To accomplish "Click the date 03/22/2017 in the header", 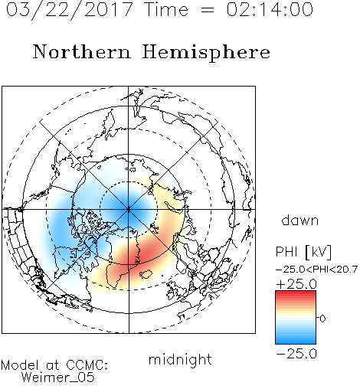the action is pyautogui.click(x=69, y=10).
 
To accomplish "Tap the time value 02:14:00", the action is pyautogui.click(x=270, y=10).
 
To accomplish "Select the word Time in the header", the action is pyautogui.click(x=166, y=10).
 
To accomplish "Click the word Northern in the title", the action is pyautogui.click(x=82, y=51).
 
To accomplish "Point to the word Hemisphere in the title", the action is pyautogui.click(x=206, y=52).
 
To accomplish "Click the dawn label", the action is pyautogui.click(x=300, y=220).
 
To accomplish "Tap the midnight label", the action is pyautogui.click(x=180, y=359).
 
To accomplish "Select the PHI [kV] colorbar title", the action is pyautogui.click(x=303, y=252).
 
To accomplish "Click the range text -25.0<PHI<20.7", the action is pyautogui.click(x=316, y=270).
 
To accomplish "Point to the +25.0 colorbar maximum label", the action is pyautogui.click(x=296, y=284).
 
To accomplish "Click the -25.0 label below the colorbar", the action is pyautogui.click(x=296, y=354).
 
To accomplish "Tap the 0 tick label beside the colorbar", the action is pyautogui.click(x=322, y=319).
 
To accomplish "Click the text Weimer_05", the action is pyautogui.click(x=58, y=378).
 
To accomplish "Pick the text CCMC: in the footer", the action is pyautogui.click(x=87, y=365).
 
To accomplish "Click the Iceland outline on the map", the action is pyautogui.click(x=146, y=274).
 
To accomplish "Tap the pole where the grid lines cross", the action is pyautogui.click(x=129, y=209).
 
